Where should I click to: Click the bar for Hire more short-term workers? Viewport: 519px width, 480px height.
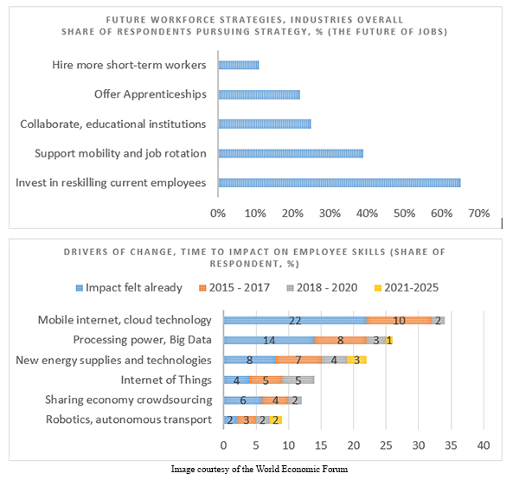click(238, 65)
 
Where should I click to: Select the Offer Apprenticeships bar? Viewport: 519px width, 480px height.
click(259, 94)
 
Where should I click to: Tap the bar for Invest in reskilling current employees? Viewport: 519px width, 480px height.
click(339, 182)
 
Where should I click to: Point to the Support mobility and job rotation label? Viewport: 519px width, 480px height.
click(120, 153)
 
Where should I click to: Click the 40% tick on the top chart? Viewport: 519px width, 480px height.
click(367, 213)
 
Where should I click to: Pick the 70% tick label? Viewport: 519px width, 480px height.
click(478, 213)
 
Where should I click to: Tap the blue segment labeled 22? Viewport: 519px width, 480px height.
click(295, 320)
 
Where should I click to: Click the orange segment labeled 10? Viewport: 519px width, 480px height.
click(399, 320)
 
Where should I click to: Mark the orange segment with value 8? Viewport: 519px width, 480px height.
click(340, 340)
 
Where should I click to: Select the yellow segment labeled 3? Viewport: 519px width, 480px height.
click(357, 360)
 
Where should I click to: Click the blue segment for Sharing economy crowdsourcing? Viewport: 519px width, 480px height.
click(243, 400)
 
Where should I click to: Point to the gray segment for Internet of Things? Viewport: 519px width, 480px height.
click(298, 380)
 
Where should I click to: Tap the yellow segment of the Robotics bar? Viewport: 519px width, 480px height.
click(275, 419)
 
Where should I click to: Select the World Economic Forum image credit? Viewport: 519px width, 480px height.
click(260, 469)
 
